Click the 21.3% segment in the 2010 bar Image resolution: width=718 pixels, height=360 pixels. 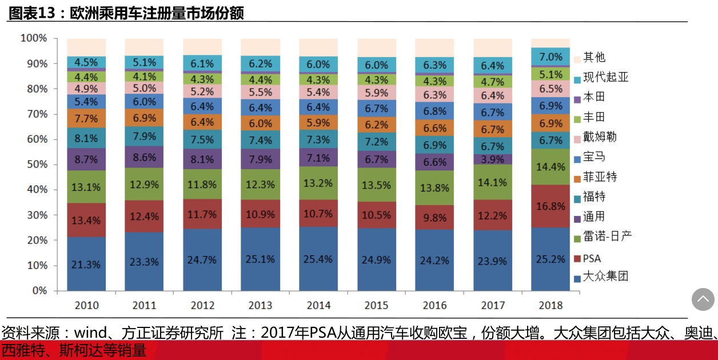[86, 264]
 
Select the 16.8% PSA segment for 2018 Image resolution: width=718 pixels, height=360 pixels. [550, 206]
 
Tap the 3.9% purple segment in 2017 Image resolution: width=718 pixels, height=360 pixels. [492, 159]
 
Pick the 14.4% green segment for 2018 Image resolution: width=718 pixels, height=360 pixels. [550, 167]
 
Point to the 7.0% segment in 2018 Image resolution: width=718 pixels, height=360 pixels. [550, 57]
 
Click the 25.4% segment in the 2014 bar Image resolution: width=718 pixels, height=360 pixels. [318, 259]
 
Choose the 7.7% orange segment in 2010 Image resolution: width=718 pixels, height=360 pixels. [86, 118]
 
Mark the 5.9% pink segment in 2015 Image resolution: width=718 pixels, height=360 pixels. [376, 93]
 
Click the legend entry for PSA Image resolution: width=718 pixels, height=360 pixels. [592, 258]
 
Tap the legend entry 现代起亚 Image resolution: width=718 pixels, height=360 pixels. [605, 77]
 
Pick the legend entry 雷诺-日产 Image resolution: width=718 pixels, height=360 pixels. [607, 237]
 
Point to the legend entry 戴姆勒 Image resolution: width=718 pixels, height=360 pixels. [600, 137]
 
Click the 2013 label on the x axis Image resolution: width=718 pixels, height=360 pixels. [261, 305]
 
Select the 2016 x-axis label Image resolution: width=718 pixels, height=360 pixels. [434, 305]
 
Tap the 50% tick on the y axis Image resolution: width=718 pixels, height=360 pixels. [34, 165]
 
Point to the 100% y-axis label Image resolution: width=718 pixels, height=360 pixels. [33, 38]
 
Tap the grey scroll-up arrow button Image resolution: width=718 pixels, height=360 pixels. [703, 299]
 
